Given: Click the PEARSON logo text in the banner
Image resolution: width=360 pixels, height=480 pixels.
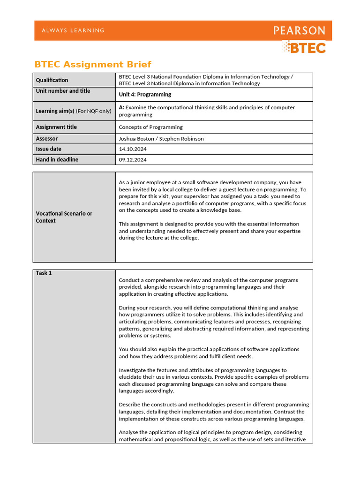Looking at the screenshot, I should click(299, 31).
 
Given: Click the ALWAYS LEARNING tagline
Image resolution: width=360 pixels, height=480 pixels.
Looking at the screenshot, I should click(73, 30).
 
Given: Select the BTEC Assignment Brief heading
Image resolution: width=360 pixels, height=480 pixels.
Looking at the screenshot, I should click(93, 64).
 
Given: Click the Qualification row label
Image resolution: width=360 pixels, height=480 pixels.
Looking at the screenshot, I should click(52, 80).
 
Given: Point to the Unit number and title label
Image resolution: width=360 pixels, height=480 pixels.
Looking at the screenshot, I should click(63, 91).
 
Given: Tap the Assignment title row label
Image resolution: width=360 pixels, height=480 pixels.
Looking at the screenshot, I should click(56, 127).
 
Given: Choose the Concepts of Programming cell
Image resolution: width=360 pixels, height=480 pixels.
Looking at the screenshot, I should click(150, 127).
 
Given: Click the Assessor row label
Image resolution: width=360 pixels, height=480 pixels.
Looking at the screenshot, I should click(47, 139).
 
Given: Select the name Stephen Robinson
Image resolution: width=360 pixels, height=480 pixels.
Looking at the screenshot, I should click(182, 139).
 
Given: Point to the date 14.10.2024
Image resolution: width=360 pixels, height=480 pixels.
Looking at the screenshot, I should click(133, 149).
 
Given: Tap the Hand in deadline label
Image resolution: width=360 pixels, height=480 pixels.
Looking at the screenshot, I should click(57, 159).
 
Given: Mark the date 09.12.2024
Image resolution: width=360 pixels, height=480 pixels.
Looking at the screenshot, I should click(133, 160).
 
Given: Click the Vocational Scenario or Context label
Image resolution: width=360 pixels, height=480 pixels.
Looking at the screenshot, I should click(64, 217).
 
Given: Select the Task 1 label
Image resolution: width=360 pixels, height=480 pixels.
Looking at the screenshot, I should click(44, 273).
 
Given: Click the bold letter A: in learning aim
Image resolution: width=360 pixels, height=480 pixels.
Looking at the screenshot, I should click(121, 107).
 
